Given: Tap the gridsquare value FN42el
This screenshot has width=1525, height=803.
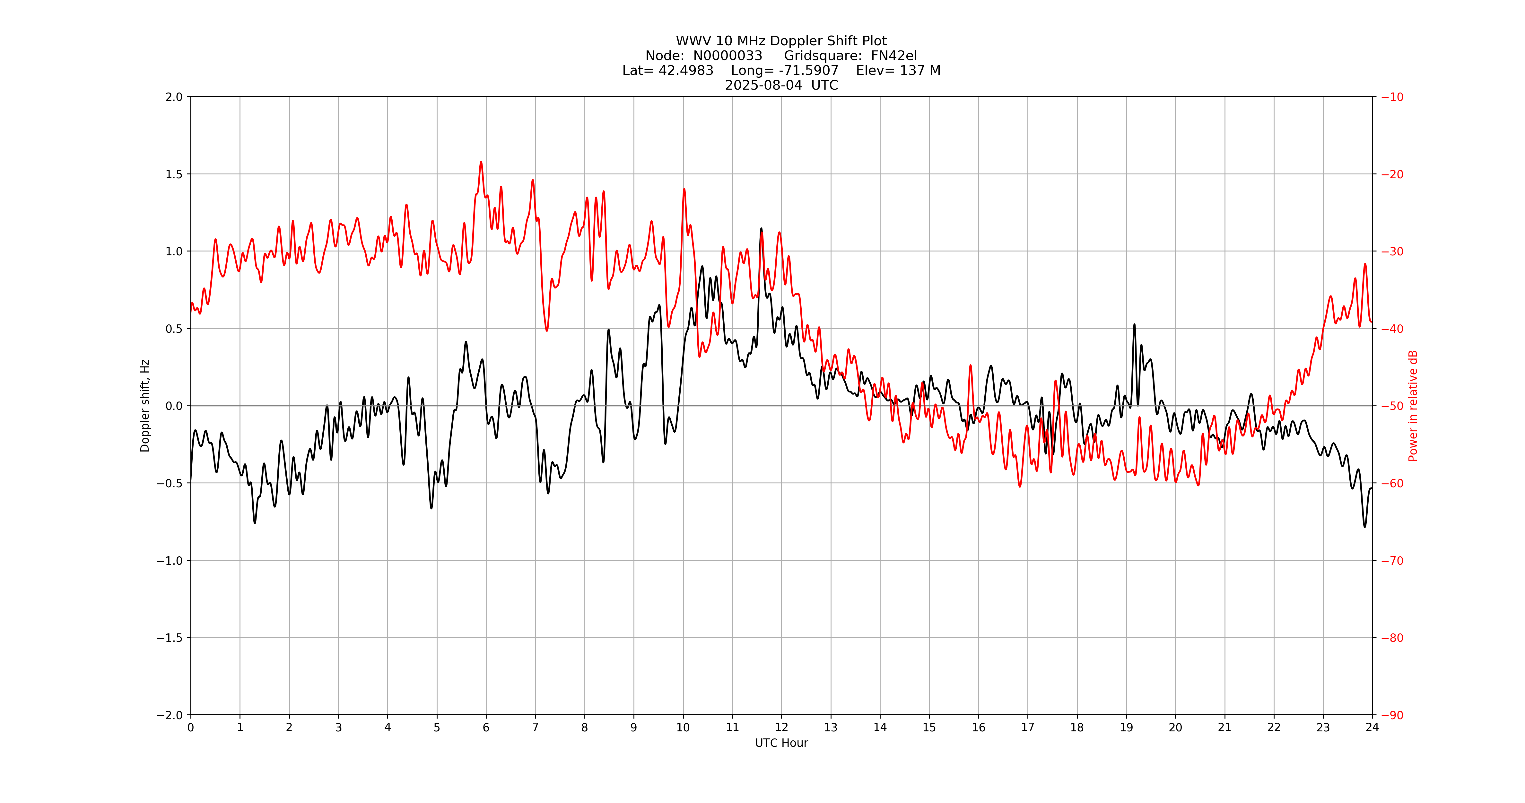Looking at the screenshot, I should tap(893, 56).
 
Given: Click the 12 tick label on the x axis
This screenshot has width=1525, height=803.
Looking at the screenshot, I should tap(781, 727).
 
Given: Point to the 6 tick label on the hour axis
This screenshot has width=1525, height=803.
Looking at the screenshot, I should tap(486, 727).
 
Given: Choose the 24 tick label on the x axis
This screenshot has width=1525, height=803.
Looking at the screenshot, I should tap(1372, 727).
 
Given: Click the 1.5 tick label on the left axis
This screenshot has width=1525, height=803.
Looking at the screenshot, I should tap(174, 174).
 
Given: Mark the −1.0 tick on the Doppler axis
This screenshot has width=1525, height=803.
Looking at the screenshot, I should tap(170, 560).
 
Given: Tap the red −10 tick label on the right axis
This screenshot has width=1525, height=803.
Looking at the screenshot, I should tap(1392, 97).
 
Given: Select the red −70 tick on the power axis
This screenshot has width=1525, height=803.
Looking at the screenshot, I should tap(1392, 560).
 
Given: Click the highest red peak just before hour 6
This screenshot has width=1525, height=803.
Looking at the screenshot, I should tap(481, 162).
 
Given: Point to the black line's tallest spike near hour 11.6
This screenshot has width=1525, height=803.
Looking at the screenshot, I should tap(761, 229).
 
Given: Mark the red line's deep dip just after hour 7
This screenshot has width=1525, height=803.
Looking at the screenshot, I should tap(546, 330).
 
